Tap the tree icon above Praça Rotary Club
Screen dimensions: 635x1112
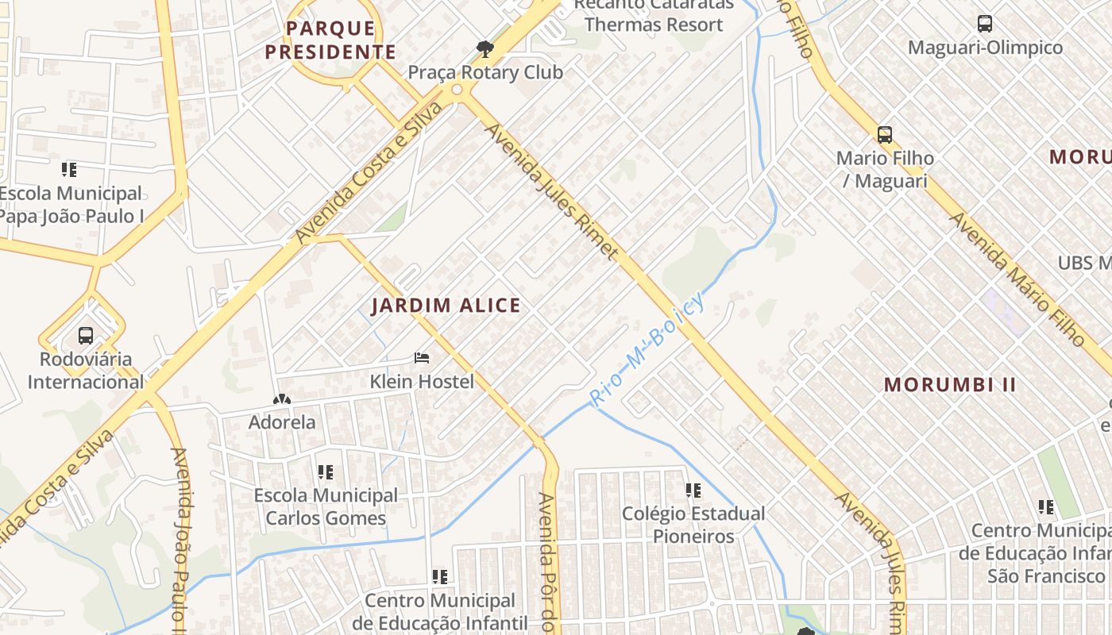(485, 49)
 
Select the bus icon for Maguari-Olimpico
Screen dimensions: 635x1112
(985, 24)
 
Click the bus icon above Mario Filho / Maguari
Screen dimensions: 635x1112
(885, 134)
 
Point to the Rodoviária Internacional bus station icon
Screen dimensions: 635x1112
(86, 336)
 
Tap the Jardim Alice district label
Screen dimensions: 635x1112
(446, 306)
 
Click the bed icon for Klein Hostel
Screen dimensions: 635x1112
(422, 358)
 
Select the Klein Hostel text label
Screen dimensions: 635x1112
(422, 382)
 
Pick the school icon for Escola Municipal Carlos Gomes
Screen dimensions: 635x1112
(325, 472)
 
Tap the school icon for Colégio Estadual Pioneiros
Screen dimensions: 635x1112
(693, 491)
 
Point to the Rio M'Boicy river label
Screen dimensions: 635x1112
(647, 350)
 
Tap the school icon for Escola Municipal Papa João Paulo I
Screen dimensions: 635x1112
(69, 169)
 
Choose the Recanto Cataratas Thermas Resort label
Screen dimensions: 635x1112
(648, 15)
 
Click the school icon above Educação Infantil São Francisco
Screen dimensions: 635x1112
(1046, 506)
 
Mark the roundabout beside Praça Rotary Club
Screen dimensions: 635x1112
(457, 90)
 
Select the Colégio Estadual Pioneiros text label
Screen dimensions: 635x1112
(693, 525)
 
